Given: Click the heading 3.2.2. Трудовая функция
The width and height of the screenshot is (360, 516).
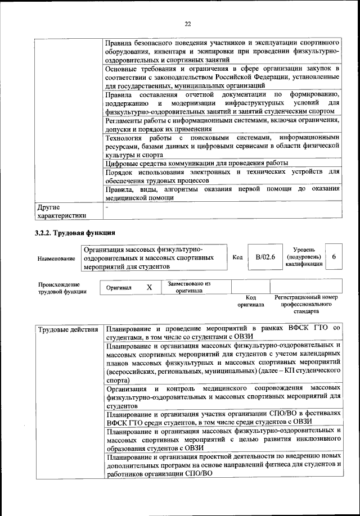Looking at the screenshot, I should [75, 233].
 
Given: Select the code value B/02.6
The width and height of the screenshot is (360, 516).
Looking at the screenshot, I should [264, 257].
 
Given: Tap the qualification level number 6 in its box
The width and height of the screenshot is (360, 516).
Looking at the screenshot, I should [334, 257].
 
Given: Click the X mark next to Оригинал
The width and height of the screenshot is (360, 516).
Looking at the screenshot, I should [149, 287].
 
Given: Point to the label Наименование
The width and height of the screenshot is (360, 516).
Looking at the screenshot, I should [56, 258].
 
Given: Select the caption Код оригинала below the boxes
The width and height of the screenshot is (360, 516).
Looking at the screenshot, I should [251, 301].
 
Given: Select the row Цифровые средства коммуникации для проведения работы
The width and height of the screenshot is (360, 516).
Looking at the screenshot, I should [197, 163].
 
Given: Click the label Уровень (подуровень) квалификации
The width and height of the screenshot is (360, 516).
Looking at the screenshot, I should [304, 256].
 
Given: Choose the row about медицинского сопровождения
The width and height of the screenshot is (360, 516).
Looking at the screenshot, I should [223, 396].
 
